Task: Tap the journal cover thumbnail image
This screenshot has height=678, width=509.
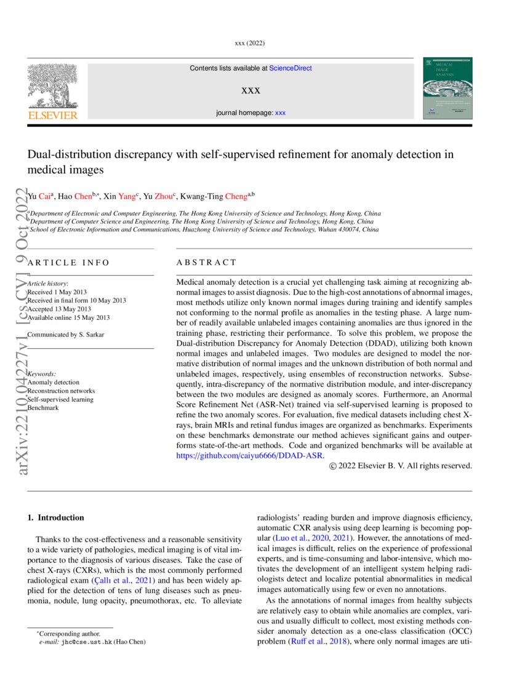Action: pos(447,89)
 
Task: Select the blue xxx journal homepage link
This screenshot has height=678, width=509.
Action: pos(280,113)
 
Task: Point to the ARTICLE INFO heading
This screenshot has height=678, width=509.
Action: pos(69,263)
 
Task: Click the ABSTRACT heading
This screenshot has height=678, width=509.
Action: pos(206,263)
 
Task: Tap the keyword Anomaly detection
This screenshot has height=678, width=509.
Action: pos(54,382)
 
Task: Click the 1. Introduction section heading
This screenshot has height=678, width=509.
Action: pos(56,517)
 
